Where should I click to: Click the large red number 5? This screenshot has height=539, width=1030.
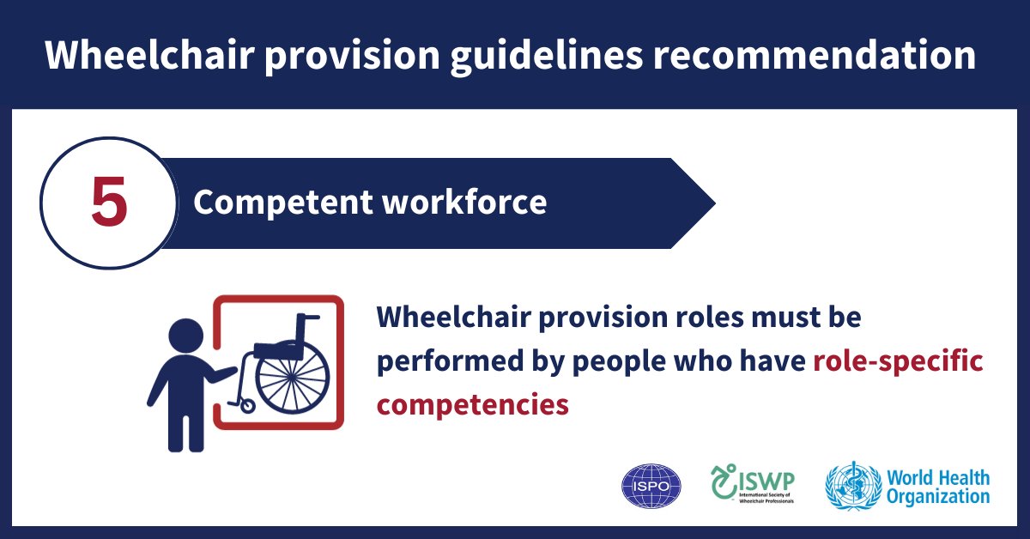click(109, 204)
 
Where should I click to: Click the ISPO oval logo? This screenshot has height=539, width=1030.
click(651, 487)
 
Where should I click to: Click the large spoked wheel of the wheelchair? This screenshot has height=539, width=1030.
click(292, 378)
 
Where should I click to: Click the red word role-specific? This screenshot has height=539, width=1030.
click(897, 361)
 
